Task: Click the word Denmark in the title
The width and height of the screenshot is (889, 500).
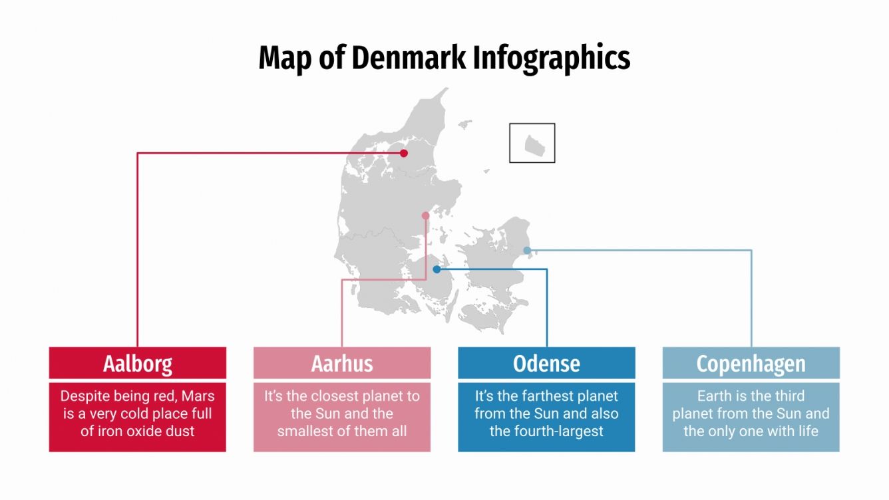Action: [408, 58]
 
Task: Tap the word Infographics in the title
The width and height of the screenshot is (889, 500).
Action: [552, 58]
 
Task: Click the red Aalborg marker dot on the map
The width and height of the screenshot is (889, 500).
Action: [404, 154]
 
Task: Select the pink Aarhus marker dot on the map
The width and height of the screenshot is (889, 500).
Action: [426, 215]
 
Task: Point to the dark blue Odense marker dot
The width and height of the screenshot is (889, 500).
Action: [437, 269]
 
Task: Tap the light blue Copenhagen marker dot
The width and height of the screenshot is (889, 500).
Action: [527, 251]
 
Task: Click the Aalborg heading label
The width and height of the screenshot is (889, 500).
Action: [138, 364]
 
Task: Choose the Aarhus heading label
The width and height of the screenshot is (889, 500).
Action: [342, 364]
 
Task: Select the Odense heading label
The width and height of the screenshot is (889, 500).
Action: [546, 364]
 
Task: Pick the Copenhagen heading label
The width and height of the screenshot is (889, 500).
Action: [751, 364]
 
